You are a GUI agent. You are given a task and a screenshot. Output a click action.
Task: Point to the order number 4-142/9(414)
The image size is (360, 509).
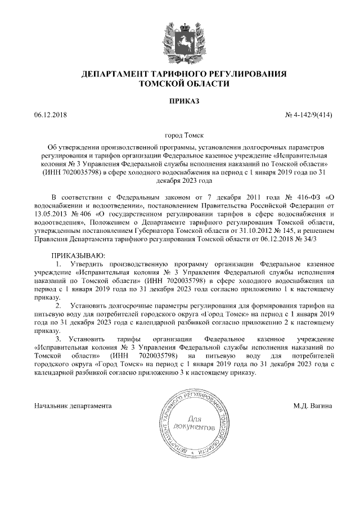click(x=313, y=115)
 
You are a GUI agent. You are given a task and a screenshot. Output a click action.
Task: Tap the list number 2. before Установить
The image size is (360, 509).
click(x=58, y=305)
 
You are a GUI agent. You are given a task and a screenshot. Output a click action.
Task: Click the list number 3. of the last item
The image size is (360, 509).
click(x=58, y=340)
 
